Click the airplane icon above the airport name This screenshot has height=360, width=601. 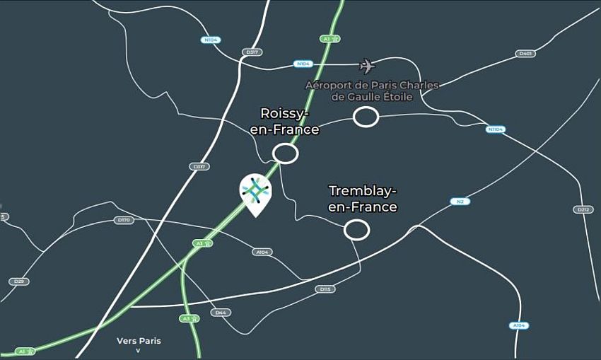366,66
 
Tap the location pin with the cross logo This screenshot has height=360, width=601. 255,192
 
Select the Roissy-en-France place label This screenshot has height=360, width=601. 285,121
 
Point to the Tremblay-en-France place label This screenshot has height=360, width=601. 363,199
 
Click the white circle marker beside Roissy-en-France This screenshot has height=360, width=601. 286,153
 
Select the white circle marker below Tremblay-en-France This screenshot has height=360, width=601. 356,230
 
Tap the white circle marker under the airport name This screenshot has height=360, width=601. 366,117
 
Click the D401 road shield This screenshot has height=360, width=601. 525,54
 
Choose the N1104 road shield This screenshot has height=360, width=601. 496,129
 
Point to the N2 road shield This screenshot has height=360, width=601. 460,202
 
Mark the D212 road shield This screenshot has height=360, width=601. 583,209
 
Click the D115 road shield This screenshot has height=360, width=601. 325,289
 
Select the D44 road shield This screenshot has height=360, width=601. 221,313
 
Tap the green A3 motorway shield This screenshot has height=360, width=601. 188,319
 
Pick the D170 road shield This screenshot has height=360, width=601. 124,220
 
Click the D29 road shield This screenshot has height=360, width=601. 19,281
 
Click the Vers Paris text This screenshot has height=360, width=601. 139,341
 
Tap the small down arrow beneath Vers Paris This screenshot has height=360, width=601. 139,351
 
